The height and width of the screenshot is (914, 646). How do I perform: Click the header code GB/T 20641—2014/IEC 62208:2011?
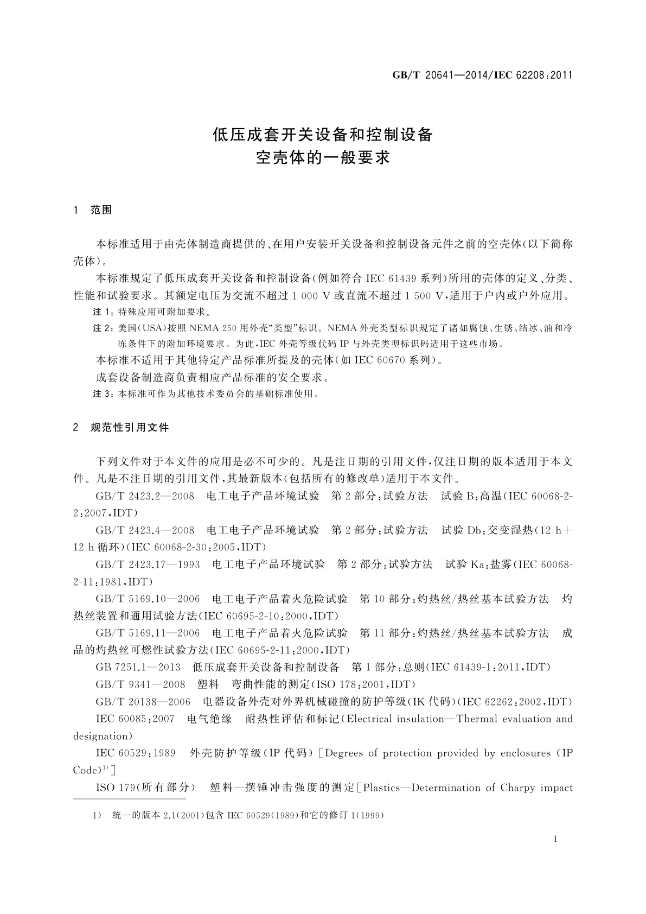(x=482, y=75)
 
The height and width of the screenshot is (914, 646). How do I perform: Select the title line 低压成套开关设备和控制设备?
(x=323, y=135)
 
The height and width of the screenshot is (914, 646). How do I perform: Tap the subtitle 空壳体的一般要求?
(x=323, y=158)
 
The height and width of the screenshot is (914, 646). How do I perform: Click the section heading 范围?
(x=101, y=210)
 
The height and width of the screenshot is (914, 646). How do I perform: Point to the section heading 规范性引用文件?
(x=130, y=428)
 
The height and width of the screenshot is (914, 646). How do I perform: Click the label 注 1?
(x=102, y=313)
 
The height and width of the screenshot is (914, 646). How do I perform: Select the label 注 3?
(x=102, y=394)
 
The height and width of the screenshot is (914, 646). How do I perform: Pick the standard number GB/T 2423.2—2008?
(x=145, y=496)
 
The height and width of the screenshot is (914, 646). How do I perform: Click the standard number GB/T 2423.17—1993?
(x=148, y=564)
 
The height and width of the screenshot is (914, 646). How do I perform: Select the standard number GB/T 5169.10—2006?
(x=148, y=599)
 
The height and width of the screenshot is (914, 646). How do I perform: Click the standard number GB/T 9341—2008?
(x=140, y=684)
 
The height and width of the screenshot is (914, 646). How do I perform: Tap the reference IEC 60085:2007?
(x=135, y=719)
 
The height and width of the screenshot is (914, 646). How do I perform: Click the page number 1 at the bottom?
(x=557, y=839)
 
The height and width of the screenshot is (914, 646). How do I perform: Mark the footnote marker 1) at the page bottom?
(x=97, y=815)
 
